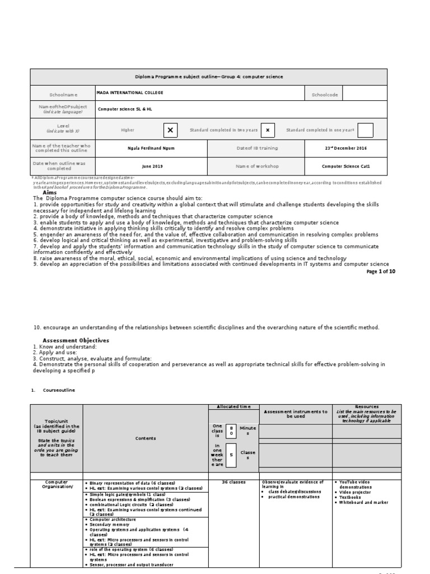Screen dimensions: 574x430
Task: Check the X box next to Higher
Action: coord(170,130)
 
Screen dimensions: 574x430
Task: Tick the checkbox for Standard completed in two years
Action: coord(268,130)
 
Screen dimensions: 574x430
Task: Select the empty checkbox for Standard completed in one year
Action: coord(365,130)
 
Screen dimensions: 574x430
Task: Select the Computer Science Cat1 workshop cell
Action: coord(345,166)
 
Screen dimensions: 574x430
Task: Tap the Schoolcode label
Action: coord(325,95)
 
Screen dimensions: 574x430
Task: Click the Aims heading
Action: coord(50,192)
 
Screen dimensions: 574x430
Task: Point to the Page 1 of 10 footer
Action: coord(381,271)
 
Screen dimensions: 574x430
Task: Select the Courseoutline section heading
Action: coord(59,390)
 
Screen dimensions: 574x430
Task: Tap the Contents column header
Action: coord(145,438)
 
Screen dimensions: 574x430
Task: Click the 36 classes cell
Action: coord(233,482)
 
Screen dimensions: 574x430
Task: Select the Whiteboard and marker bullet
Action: coord(363,502)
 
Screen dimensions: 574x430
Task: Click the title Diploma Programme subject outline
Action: coord(208,76)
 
